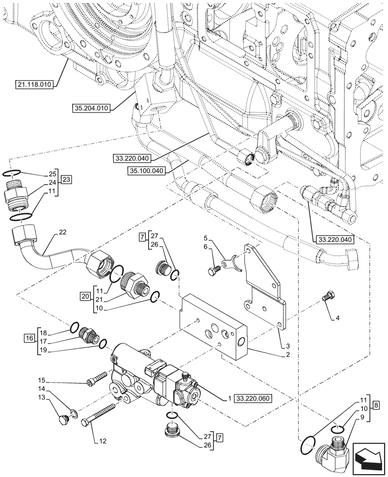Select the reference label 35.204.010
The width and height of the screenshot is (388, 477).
tap(92, 108)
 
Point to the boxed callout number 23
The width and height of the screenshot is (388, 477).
tap(66, 180)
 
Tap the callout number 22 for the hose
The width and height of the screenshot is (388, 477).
tap(63, 232)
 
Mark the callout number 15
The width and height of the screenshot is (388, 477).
tap(43, 381)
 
